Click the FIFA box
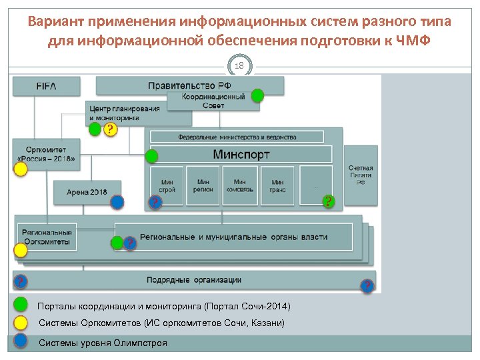click(46, 86)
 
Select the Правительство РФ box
click(189, 85)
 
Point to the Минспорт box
click(241, 155)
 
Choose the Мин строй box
click(167, 185)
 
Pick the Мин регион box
click(203, 185)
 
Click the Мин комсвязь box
click(240, 185)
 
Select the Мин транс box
click(277, 185)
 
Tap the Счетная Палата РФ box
click(361, 175)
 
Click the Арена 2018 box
click(87, 192)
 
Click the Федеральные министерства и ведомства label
click(237, 137)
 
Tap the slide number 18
click(240, 66)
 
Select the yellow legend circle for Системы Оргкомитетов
click(21, 323)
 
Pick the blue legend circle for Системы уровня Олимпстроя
click(21, 341)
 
